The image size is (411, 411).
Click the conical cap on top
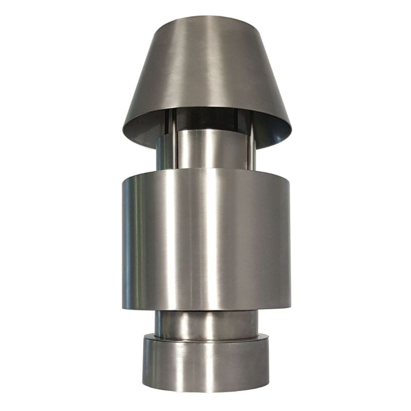pos(206,72)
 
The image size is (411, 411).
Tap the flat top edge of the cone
pos(206,19)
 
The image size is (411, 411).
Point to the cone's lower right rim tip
pos(290,135)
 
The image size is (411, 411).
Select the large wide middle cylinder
pos(206,241)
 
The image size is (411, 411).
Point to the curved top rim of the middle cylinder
pos(206,170)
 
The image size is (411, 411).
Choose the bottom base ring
pos(206,365)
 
